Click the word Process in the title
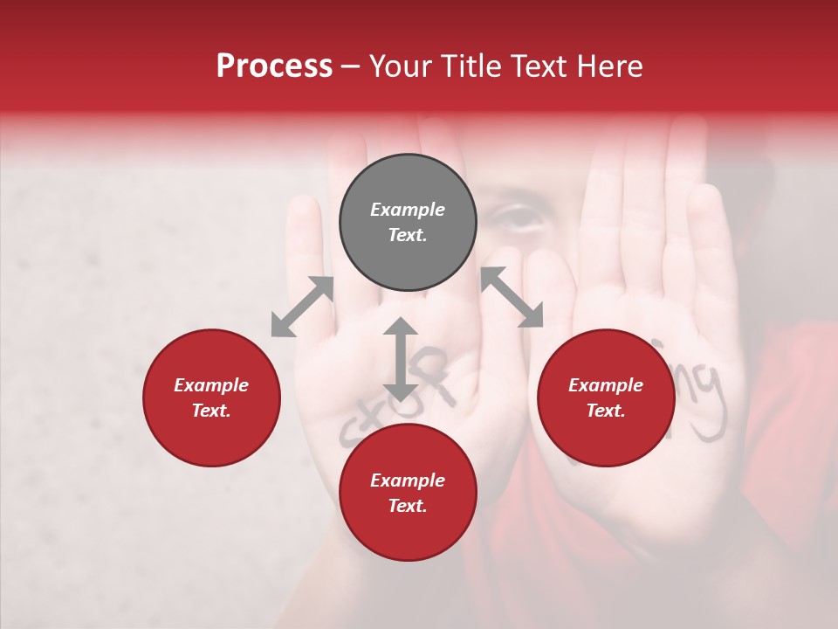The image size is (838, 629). pos(274,66)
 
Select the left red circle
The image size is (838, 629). pos(211,397)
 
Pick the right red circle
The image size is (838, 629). pos(606,397)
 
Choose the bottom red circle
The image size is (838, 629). pos(408,493)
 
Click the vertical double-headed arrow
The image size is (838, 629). pos(401,360)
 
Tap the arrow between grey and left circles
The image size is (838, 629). pos(302,307)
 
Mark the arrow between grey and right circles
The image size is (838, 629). pos(512,297)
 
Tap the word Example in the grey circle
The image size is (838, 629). pos(408,210)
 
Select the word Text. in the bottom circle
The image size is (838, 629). pos(408,506)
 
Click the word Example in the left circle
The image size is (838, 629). pos(211,385)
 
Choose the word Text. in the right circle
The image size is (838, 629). pos(606,411)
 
